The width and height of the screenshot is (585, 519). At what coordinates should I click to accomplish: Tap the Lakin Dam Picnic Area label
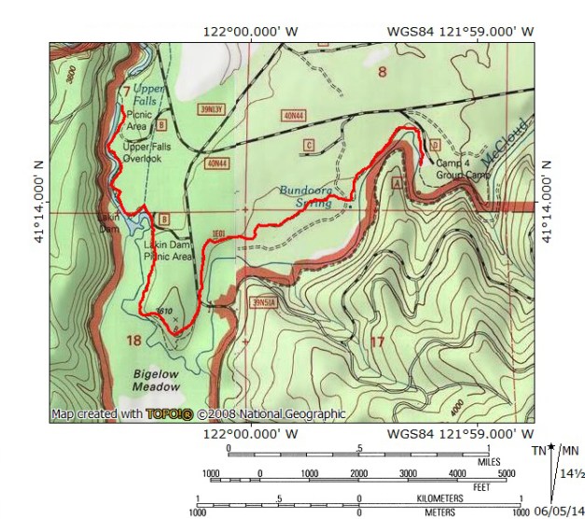168,250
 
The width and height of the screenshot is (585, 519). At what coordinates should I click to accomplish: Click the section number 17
377,343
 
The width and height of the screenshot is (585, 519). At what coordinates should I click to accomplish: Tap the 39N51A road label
265,302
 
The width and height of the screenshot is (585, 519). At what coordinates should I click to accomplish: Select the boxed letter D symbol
434,144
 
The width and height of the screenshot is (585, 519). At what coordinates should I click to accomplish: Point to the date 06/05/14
556,512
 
